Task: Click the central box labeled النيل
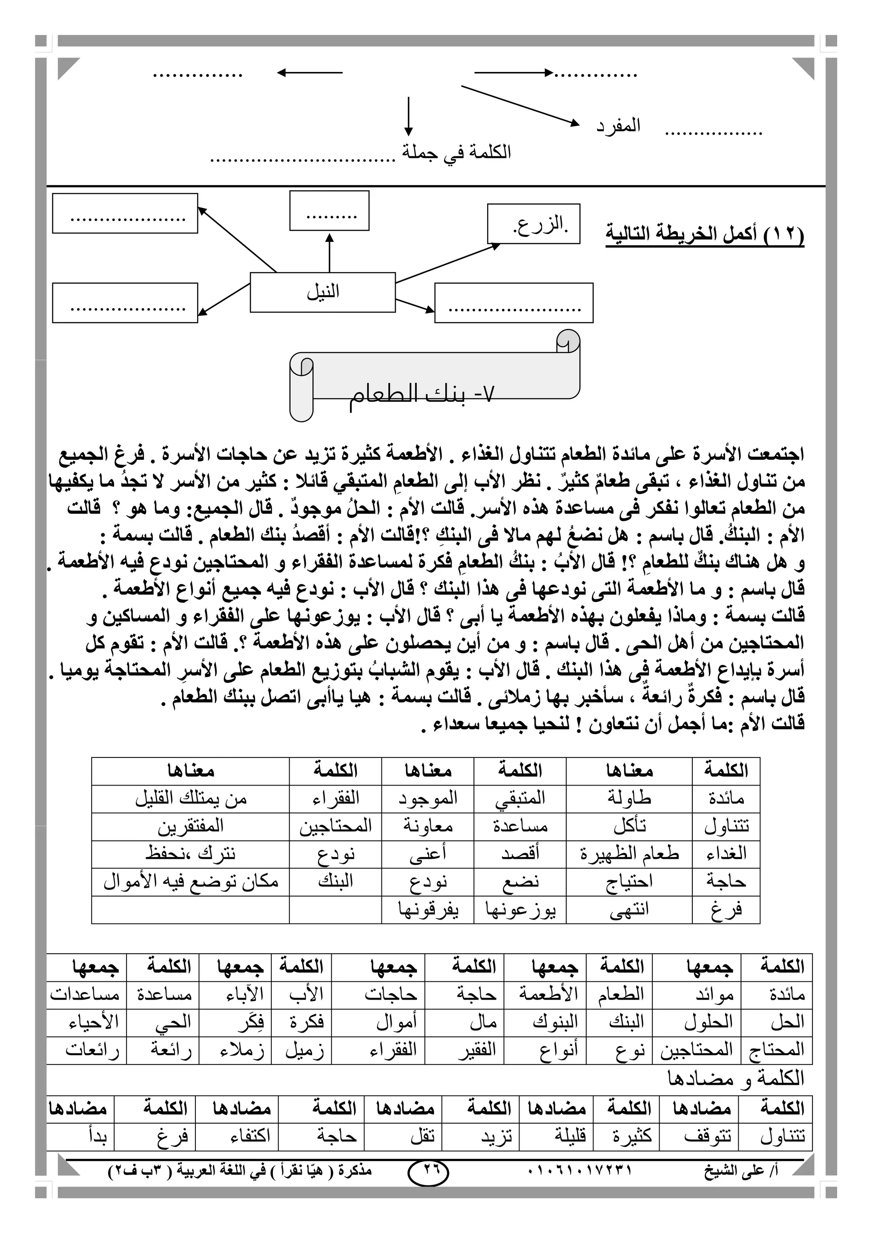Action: (x=323, y=292)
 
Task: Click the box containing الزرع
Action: (x=534, y=224)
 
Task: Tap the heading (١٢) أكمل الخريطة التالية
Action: (x=705, y=235)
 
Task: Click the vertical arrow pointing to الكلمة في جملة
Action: (x=409, y=115)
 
